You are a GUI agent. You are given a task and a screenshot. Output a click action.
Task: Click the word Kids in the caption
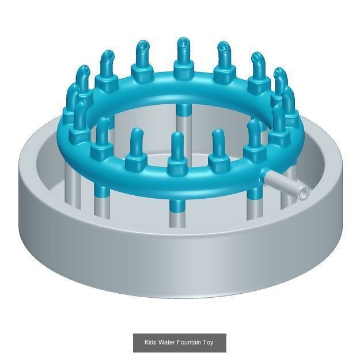click(150, 343)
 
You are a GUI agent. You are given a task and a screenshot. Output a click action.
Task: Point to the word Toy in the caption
click(208, 343)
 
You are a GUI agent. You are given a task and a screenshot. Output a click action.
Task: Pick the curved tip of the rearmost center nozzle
click(183, 44)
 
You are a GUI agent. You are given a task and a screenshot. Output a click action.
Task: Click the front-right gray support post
click(253, 204)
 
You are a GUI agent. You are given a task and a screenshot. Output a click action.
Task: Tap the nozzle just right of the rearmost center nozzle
click(223, 63)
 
